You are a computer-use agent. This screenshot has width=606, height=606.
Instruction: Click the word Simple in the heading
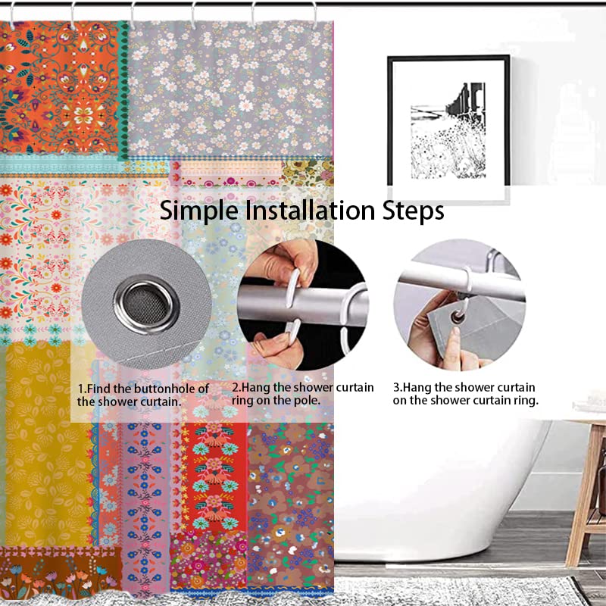click(x=199, y=211)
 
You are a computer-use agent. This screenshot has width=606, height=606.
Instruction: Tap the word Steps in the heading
click(x=413, y=211)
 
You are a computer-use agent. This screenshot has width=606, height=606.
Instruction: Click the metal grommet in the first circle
click(x=146, y=305)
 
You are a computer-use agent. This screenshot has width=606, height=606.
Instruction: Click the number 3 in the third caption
click(x=396, y=387)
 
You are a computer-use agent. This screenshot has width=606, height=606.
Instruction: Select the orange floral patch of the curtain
click(x=60, y=87)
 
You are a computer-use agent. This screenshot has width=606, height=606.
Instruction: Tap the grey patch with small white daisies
click(x=231, y=88)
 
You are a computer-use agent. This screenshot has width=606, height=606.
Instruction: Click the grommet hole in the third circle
click(x=458, y=318)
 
